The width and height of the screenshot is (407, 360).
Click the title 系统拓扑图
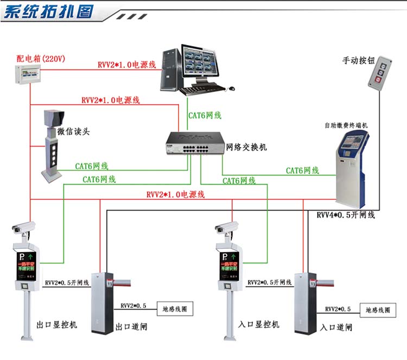pos(49,11)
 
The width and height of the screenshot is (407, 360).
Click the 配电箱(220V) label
pos(41,58)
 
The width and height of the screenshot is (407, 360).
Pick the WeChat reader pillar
pos(54,147)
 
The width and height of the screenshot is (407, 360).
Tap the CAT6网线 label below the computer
pos(205,115)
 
